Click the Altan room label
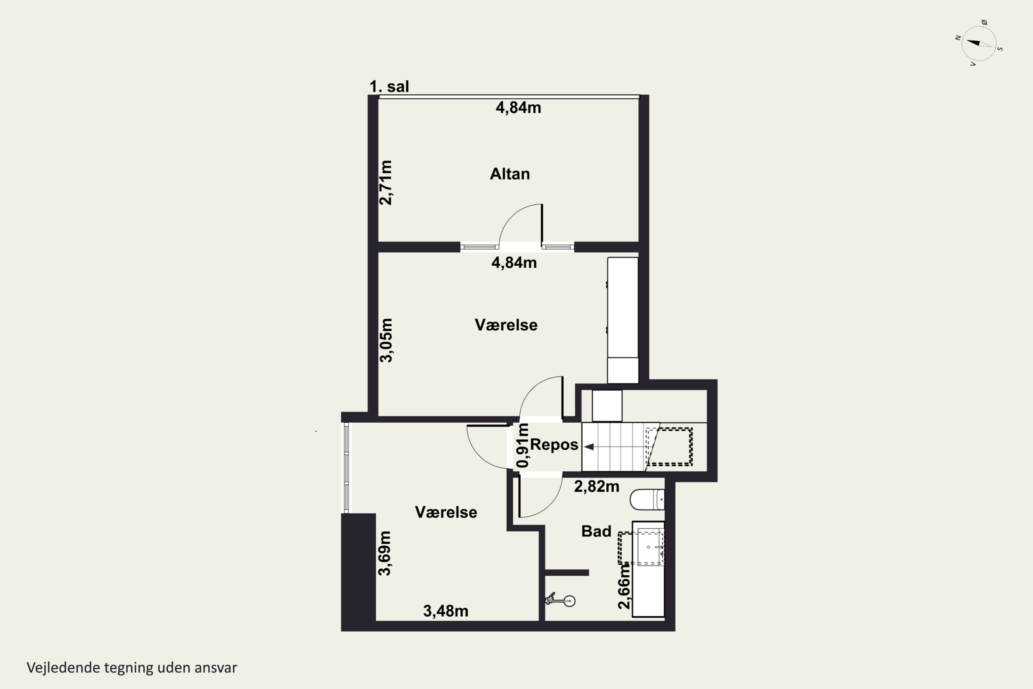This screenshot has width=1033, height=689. (510, 174)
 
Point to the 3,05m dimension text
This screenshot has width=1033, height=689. (386, 340)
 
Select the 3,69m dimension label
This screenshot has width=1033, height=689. (385, 553)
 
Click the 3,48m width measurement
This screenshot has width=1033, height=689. (446, 611)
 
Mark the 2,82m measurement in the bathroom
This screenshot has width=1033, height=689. (597, 486)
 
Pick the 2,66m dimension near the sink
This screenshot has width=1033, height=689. (624, 587)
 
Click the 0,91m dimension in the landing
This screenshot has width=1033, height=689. (523, 445)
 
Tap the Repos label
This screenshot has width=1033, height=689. (554, 445)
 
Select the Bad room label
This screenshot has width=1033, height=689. (596, 531)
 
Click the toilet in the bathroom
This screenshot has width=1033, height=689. (647, 500)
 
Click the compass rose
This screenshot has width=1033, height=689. (979, 43)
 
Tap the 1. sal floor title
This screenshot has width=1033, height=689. (389, 86)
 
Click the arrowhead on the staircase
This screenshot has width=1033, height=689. (589, 447)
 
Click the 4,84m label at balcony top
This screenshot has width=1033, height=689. (518, 107)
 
